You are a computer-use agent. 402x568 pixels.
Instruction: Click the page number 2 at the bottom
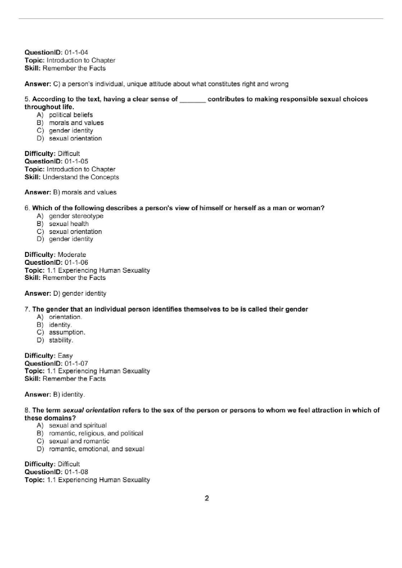coord(207,498)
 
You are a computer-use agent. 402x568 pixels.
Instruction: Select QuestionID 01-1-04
coord(56,52)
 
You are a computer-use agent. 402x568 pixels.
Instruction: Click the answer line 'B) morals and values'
coord(70,192)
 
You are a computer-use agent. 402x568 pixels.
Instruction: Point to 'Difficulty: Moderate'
coord(55,255)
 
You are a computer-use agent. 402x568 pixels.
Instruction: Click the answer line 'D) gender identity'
coord(65,294)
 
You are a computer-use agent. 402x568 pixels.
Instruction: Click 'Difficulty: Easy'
coord(48,356)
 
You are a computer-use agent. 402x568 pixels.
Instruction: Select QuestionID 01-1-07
coord(56,363)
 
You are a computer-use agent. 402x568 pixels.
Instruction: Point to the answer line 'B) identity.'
coord(55,394)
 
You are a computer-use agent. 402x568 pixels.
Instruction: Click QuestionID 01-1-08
coord(56,472)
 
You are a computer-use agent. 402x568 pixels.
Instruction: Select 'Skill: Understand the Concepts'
coord(71,177)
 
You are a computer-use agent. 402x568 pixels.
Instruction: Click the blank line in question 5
coord(192,100)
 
